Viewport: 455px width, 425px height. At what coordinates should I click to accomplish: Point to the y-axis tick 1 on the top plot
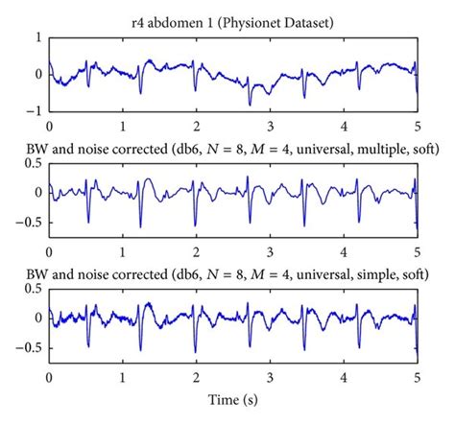tap(36, 37)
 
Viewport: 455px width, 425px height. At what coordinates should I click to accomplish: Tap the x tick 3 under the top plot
tap(270, 126)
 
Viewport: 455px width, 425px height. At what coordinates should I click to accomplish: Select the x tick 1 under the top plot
tap(123, 126)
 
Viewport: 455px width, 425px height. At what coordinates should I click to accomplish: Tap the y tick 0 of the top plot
tap(36, 74)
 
